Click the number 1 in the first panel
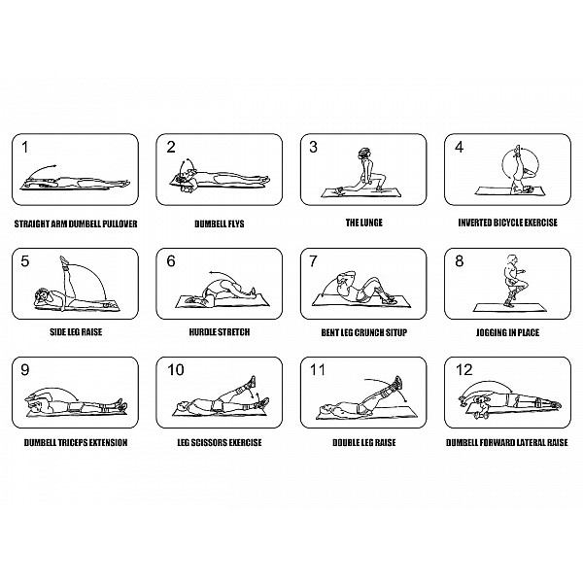(25, 147)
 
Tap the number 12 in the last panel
(464, 369)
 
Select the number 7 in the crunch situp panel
(314, 261)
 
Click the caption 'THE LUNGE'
(364, 223)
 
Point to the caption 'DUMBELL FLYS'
(220, 223)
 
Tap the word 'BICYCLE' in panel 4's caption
(508, 223)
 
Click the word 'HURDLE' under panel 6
(203, 331)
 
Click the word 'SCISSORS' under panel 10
(209, 442)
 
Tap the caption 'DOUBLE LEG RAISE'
(364, 442)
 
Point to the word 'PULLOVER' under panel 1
(120, 223)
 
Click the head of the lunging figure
(364, 154)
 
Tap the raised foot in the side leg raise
(63, 259)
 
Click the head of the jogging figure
(512, 258)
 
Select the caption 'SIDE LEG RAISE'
(76, 331)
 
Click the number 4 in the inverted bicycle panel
(460, 147)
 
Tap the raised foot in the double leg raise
(398, 382)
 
